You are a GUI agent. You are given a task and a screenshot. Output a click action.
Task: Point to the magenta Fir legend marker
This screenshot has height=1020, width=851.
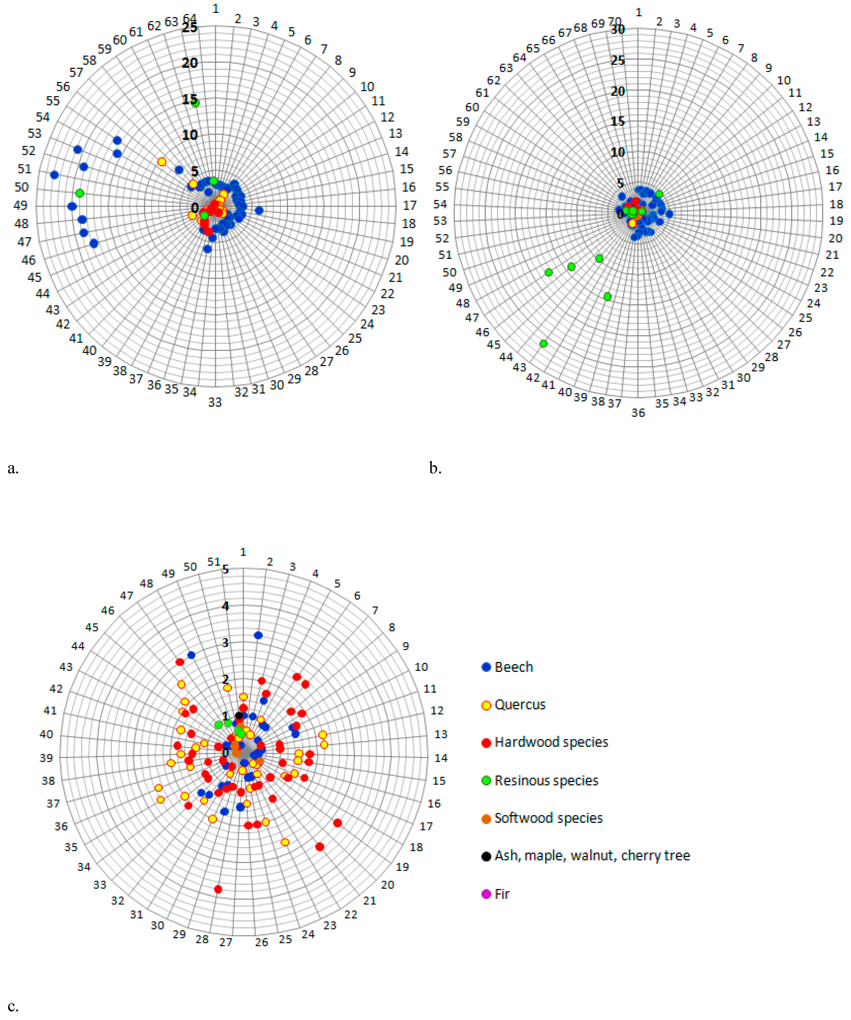point(486,894)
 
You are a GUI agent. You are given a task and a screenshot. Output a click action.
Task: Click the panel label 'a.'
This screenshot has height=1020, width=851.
point(13,468)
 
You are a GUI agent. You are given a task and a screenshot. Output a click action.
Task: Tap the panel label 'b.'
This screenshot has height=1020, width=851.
point(435,468)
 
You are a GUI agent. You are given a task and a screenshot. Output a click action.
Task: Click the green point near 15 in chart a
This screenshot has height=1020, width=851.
point(195,102)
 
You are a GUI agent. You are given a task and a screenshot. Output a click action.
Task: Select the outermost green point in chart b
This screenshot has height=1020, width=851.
point(543,343)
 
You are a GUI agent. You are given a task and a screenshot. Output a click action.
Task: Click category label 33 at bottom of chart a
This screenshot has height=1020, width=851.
point(215,402)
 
